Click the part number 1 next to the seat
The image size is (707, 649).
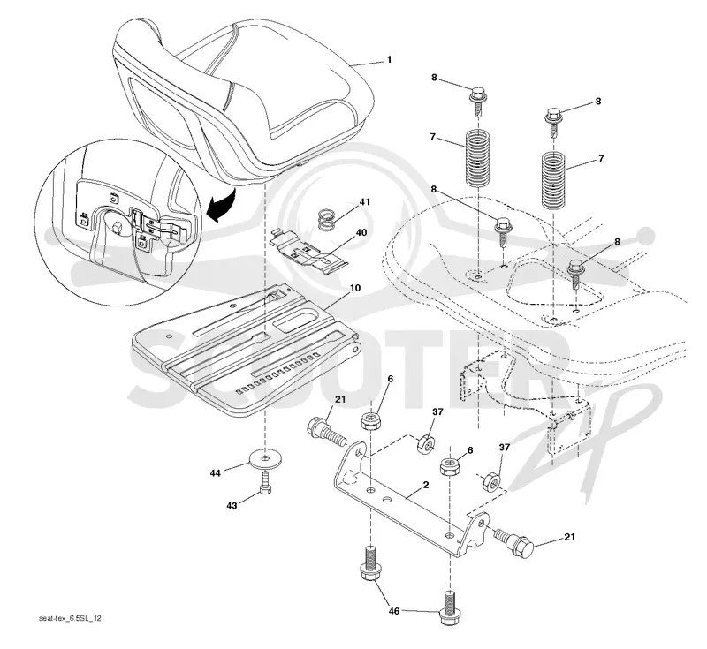pyautogui.click(x=389, y=59)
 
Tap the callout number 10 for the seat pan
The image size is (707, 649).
pyautogui.click(x=355, y=288)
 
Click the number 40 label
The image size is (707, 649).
pyautogui.click(x=361, y=233)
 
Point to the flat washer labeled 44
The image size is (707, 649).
pyautogui.click(x=264, y=459)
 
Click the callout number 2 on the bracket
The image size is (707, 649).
pyautogui.click(x=426, y=485)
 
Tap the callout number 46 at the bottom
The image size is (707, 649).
pyautogui.click(x=394, y=611)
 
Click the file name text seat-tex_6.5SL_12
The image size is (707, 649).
pyautogui.click(x=70, y=618)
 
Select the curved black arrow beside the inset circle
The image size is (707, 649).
pyautogui.click(x=224, y=207)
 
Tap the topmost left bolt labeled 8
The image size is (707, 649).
pyautogui.click(x=477, y=102)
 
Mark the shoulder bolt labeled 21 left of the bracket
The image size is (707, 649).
pyautogui.click(x=326, y=432)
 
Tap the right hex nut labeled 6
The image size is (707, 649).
pyautogui.click(x=450, y=465)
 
